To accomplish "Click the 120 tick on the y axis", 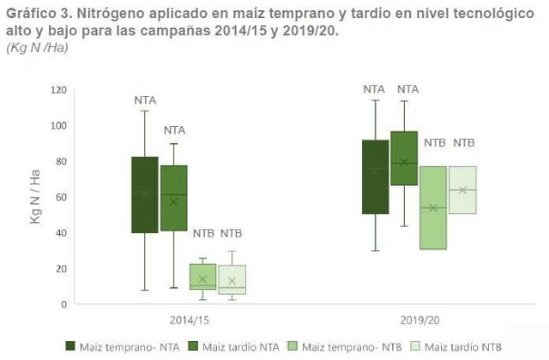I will pyautogui.click(x=58, y=89).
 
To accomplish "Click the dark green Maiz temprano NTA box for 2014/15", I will pyautogui.click(x=144, y=195).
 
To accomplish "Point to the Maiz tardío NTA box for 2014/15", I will pyautogui.click(x=174, y=198).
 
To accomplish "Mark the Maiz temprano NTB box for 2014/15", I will pyautogui.click(x=202, y=277).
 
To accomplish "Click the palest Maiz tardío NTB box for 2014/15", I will pyautogui.click(x=232, y=279).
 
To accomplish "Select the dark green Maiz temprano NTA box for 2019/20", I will pyautogui.click(x=375, y=177).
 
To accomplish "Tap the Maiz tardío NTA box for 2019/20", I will pyautogui.click(x=404, y=158).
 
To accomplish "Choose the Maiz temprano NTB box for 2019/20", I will pyautogui.click(x=433, y=207).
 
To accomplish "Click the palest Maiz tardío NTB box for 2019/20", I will pyautogui.click(x=462, y=190).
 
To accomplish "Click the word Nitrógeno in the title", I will pyautogui.click(x=102, y=14).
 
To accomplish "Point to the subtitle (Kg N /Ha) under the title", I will pyautogui.click(x=37, y=47).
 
